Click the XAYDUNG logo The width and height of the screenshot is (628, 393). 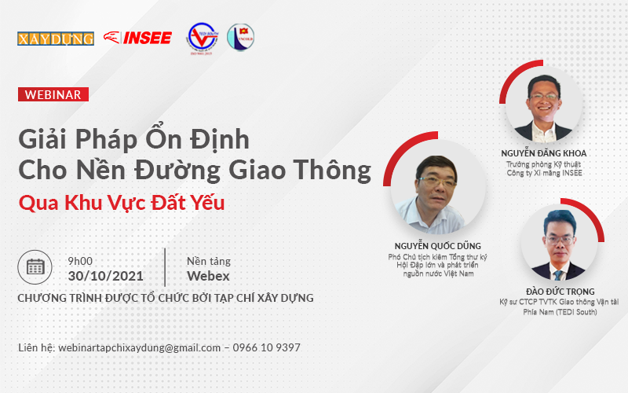[56, 39]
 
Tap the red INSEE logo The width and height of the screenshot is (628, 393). [138, 38]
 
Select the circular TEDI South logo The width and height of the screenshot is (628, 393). [202, 38]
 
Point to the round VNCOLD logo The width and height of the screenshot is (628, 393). [241, 37]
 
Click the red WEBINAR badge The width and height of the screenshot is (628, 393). [53, 94]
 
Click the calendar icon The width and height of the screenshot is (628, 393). [35, 267]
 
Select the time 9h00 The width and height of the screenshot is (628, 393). [80, 261]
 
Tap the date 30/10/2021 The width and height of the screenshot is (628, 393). [106, 276]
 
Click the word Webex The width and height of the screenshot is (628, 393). [208, 276]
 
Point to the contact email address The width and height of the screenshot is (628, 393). [140, 347]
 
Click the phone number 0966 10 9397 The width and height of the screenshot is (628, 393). [267, 347]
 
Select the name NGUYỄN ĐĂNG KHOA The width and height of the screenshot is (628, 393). [544, 152]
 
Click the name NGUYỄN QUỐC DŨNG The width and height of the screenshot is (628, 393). [438, 246]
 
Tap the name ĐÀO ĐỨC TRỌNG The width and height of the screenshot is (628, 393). [560, 292]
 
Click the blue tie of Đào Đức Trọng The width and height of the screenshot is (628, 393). [558, 275]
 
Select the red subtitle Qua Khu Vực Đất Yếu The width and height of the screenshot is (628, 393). [122, 203]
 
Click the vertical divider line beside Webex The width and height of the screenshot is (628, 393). [165, 267]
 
